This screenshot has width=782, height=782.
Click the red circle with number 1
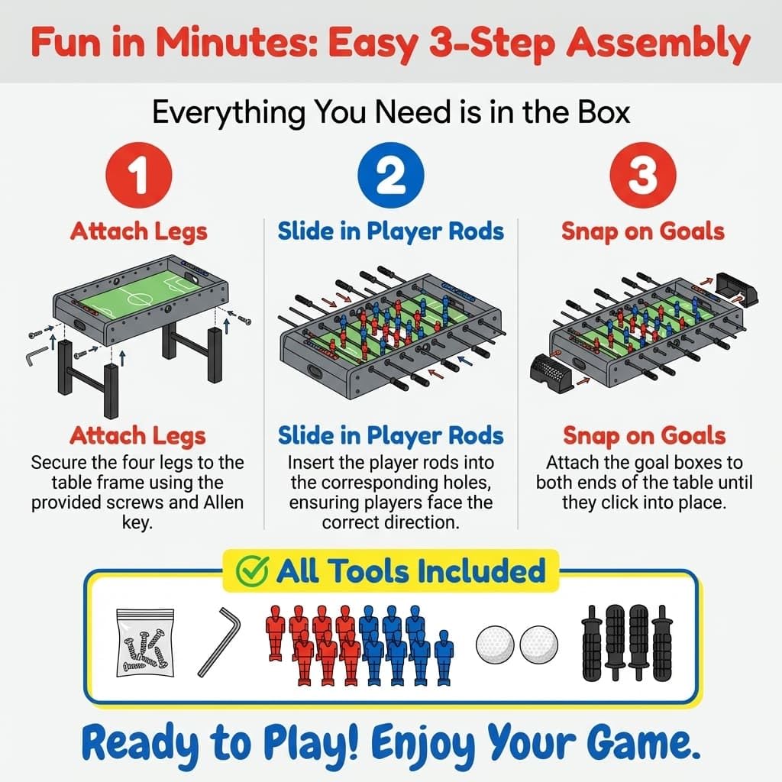pos(139,175)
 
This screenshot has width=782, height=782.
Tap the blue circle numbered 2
pos(391,175)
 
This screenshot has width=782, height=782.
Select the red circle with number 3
pos(643,175)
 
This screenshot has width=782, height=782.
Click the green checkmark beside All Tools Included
pos(252,571)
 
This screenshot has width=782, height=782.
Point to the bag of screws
pos(145,643)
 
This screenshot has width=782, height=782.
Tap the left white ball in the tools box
pos(495,645)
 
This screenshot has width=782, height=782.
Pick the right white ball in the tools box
pos(538,645)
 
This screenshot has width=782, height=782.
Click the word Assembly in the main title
pos(658,44)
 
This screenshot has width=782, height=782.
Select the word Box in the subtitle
pos(604,112)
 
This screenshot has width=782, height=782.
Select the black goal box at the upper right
pos(736,288)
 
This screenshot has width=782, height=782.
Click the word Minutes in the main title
pos(237,43)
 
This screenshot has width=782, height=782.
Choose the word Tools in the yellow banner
pos(367,571)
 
